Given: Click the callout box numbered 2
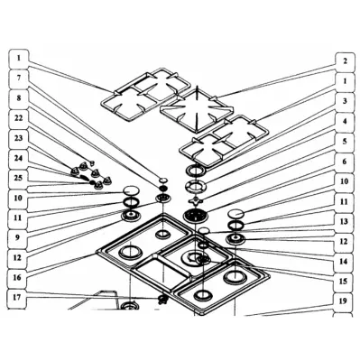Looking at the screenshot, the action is pyautogui.click(x=345, y=61).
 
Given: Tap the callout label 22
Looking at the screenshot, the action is pyautogui.click(x=19, y=119).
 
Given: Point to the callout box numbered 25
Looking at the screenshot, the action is pyautogui.click(x=19, y=179).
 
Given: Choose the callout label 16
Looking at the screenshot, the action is pyautogui.click(x=17, y=277).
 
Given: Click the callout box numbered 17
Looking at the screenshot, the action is pyautogui.click(x=17, y=298).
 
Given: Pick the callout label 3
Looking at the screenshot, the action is pyautogui.click(x=345, y=101).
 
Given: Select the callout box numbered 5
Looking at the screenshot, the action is pyautogui.click(x=345, y=141).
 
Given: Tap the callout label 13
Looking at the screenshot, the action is pyautogui.click(x=344, y=221).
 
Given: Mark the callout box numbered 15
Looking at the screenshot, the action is pyautogui.click(x=343, y=281).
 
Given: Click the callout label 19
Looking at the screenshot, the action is pyautogui.click(x=343, y=301).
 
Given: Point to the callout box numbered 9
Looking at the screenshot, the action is pyautogui.click(x=17, y=237).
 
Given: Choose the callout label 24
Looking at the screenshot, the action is pyautogui.click(x=19, y=159).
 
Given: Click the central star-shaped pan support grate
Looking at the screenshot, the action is pyautogui.click(x=197, y=110).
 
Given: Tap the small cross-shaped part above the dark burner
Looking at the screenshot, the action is pyautogui.click(x=196, y=200).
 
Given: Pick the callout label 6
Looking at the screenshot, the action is pyautogui.click(x=345, y=162).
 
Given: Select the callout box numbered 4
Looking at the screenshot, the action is pyautogui.click(x=345, y=121).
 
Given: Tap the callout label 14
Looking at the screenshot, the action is pyautogui.click(x=344, y=261).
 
